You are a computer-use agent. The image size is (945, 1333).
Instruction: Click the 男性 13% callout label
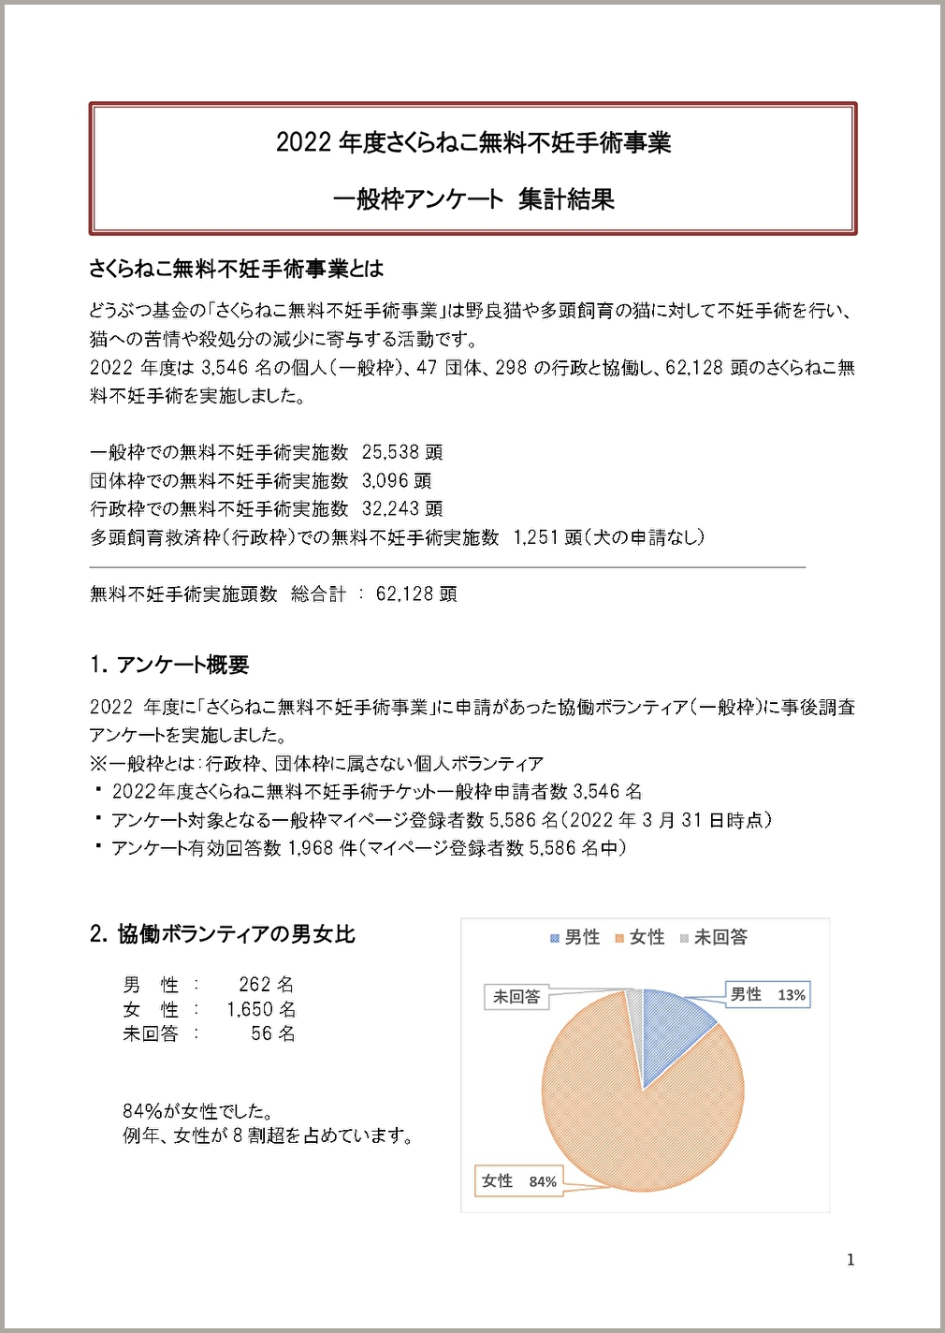click(767, 994)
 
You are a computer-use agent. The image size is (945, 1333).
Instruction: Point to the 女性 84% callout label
click(518, 1181)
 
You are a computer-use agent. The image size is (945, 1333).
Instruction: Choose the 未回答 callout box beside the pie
click(516, 997)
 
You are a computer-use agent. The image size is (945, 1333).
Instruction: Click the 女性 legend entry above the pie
click(640, 937)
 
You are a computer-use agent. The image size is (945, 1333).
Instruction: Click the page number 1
click(850, 1260)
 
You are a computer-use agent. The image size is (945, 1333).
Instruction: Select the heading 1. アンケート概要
click(169, 665)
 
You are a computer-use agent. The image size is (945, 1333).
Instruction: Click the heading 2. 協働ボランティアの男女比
click(223, 933)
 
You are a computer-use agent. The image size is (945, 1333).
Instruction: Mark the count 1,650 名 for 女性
click(261, 1009)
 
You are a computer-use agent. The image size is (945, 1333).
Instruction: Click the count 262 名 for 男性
click(266, 985)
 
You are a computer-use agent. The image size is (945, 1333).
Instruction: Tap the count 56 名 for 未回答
click(272, 1033)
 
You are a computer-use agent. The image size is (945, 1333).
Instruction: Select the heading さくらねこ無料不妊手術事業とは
click(237, 269)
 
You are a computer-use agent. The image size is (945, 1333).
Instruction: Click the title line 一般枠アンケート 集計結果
click(473, 198)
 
